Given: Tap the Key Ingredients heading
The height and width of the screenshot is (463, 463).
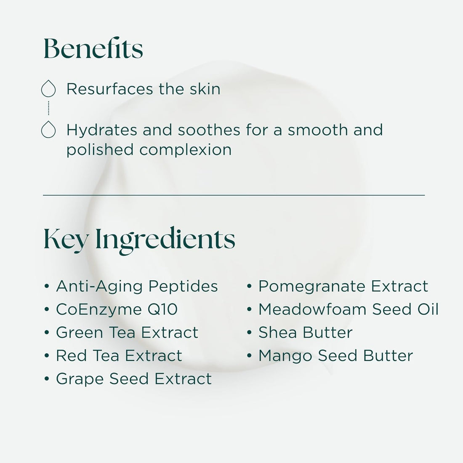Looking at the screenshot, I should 139,240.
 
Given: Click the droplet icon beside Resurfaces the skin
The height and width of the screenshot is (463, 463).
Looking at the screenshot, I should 48,89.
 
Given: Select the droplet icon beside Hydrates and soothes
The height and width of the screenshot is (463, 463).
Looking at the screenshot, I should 48,130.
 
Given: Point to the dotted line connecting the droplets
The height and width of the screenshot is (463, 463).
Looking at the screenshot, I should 48,108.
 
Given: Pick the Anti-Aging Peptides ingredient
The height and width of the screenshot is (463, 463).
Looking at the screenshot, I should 137,286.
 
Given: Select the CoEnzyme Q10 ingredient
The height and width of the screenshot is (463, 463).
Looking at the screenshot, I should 117,309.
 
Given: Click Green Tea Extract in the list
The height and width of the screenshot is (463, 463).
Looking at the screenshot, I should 127,333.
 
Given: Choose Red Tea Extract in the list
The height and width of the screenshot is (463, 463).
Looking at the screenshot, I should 119,356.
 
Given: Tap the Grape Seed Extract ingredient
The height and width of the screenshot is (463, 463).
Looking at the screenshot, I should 133,379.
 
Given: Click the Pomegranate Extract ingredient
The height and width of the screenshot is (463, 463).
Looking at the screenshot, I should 343,286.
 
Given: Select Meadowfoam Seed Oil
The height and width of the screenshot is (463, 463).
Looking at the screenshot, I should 349,309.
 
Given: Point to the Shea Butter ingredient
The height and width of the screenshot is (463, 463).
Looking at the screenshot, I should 305,333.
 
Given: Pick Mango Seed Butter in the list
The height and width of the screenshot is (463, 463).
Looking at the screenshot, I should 335,356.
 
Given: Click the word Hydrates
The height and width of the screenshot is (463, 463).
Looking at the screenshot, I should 101,130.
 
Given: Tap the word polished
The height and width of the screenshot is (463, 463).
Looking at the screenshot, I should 100,150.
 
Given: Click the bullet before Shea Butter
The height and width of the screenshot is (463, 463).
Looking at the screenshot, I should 249,333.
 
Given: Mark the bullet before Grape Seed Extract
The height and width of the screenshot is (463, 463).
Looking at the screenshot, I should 47,379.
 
